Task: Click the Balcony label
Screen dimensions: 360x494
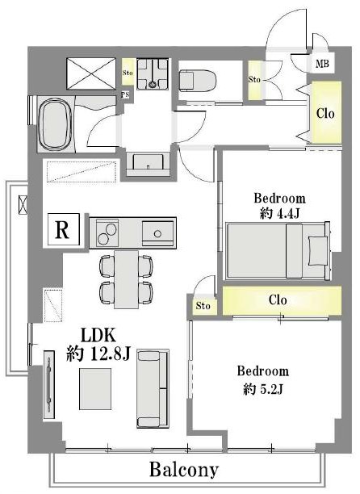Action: pos(183,470)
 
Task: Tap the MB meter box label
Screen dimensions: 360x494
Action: pos(322,64)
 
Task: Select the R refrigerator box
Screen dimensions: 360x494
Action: pos(63,229)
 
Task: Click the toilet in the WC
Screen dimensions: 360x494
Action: pos(198,81)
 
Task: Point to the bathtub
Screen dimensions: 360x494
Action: pos(55,124)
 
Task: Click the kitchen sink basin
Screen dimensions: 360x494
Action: pos(157,233)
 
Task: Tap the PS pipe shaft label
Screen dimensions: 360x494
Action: pos(125,94)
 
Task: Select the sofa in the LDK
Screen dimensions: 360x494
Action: pos(153,388)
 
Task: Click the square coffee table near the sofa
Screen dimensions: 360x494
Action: pos(95,389)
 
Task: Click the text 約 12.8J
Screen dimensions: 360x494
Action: pos(98,354)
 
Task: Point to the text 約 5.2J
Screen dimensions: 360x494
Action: pos(263,390)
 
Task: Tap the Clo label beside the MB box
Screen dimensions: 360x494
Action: pos(325,113)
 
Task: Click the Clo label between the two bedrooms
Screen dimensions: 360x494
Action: pos(278,300)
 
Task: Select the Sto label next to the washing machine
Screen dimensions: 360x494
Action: pos(128,73)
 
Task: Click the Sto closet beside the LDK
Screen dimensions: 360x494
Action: pos(203,306)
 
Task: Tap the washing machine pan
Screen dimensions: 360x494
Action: pos(153,73)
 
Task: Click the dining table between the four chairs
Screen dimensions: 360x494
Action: pos(126,279)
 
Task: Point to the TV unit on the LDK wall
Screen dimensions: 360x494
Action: pos(49,384)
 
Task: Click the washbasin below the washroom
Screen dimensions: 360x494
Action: pos(148,161)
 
